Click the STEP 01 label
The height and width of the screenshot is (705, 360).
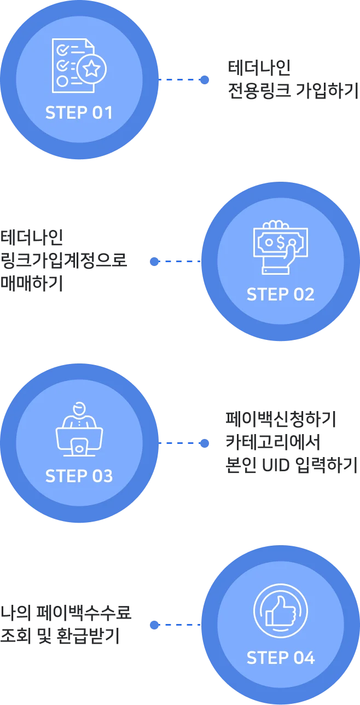point(79,113)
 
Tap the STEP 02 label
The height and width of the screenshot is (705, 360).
point(280,294)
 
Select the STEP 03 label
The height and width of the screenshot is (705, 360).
point(79,476)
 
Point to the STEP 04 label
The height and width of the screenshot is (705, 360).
point(280,657)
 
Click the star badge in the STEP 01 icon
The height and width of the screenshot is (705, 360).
point(92,69)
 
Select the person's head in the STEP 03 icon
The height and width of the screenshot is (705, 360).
point(79,408)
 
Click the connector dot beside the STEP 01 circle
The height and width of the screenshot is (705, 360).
point(205,80)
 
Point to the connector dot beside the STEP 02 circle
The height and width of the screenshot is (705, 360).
point(154,262)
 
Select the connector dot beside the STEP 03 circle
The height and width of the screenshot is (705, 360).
point(205,443)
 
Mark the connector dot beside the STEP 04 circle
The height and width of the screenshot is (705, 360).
point(154,625)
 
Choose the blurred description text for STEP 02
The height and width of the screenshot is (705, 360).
point(63,259)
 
